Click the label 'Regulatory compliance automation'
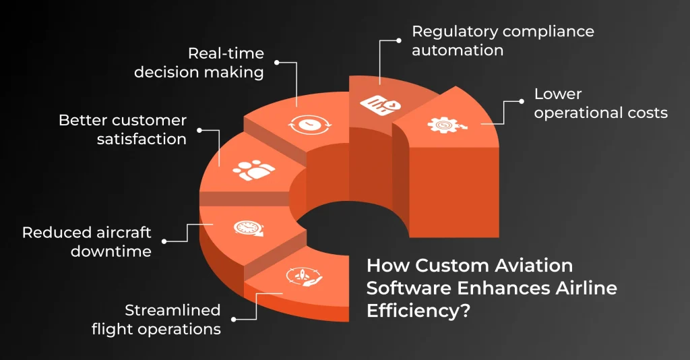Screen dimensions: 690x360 click(x=503, y=40)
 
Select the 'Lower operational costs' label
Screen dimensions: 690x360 click(x=600, y=103)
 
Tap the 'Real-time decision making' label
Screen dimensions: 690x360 click(x=199, y=63)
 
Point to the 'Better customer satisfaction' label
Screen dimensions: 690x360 click(x=123, y=129)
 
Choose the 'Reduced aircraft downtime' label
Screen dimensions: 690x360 click(x=87, y=241)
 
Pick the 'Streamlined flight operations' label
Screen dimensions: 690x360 click(x=156, y=320)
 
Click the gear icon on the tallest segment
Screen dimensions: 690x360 click(x=446, y=125)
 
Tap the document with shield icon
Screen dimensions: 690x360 click(x=381, y=104)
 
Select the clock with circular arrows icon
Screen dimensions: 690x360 click(x=309, y=124)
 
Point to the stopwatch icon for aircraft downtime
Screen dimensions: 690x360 click(x=249, y=228)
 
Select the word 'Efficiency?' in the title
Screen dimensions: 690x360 click(x=418, y=311)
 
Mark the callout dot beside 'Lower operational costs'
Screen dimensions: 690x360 click(x=522, y=101)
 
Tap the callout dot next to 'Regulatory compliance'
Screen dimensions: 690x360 click(x=399, y=40)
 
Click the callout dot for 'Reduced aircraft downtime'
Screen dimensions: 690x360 click(x=164, y=241)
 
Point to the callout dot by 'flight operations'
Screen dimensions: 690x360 click(x=234, y=320)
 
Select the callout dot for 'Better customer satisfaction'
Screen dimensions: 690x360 click(x=199, y=130)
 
